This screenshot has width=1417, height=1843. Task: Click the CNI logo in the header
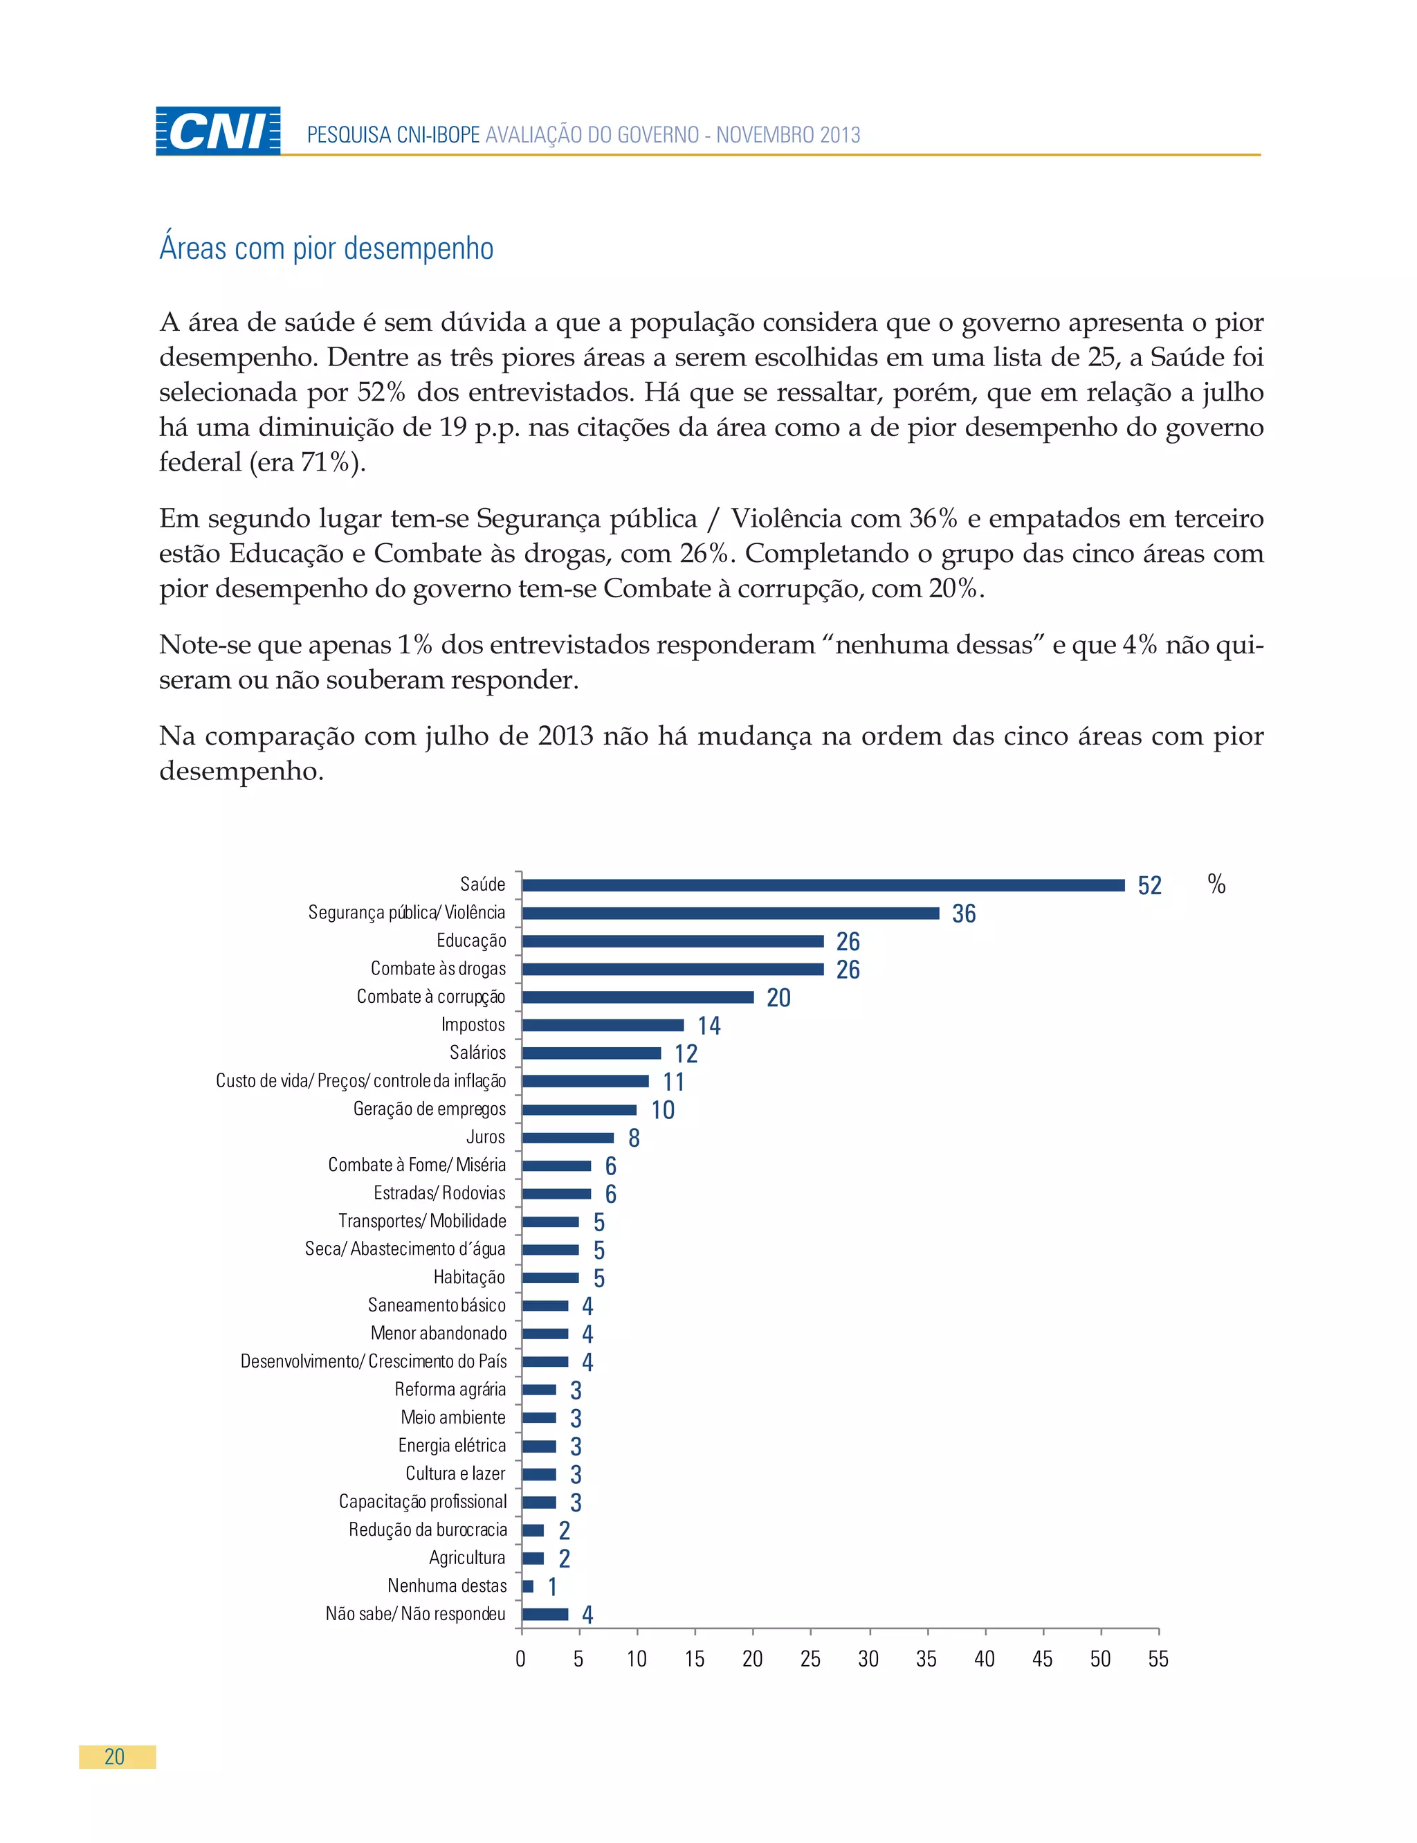[x=218, y=131]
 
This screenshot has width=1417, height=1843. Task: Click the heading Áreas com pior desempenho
[x=326, y=249]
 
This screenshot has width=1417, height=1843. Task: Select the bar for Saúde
[x=823, y=884]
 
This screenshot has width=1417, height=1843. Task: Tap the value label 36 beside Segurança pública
[x=963, y=914]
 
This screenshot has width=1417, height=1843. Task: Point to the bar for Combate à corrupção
[x=638, y=997]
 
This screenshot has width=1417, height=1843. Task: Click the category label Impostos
[x=473, y=1025]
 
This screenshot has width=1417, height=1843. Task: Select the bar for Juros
[x=567, y=1138]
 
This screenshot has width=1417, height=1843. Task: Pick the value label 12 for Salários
[x=686, y=1053]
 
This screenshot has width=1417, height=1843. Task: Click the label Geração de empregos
[x=428, y=1109]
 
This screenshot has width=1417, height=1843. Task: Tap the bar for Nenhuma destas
[x=528, y=1586]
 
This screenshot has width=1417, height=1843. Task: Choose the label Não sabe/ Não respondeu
[x=415, y=1615]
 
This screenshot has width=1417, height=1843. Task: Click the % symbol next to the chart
[x=1216, y=884]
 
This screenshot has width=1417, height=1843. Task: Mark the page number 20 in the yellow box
[x=115, y=1758]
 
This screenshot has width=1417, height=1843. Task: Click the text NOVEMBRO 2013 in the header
[x=788, y=135]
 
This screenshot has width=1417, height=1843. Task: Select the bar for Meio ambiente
[x=539, y=1418]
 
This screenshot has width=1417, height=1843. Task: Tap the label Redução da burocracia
[x=428, y=1530]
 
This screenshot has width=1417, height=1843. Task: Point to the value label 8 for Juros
[x=634, y=1138]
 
